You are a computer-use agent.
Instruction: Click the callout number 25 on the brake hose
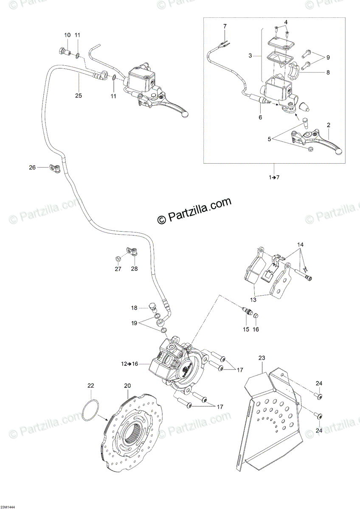(x=78, y=95)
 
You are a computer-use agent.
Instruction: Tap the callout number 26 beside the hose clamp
(x=32, y=167)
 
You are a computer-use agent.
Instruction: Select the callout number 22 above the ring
(x=91, y=386)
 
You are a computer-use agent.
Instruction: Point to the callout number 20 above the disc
(x=127, y=386)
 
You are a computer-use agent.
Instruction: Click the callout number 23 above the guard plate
(x=261, y=358)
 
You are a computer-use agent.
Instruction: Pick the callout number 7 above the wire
(x=225, y=26)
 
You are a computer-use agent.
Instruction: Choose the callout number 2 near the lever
(x=328, y=125)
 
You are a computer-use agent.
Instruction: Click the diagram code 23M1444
(x=8, y=507)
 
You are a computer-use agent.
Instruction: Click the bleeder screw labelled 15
(x=245, y=313)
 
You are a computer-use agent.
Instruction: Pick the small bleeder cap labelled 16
(x=256, y=315)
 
